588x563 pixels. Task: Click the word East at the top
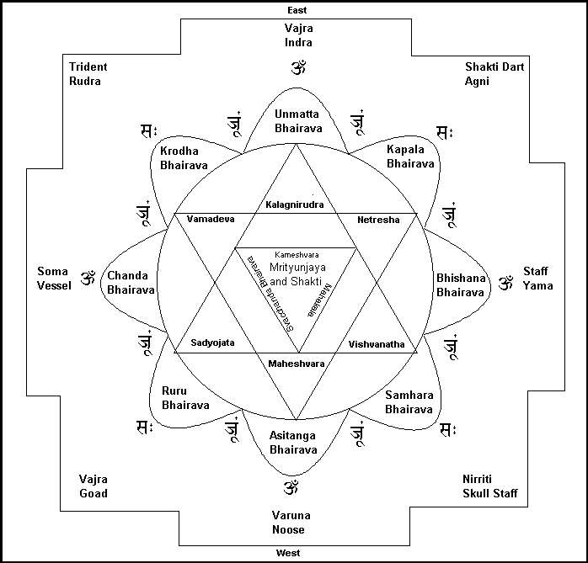click(x=296, y=10)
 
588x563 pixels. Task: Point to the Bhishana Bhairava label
click(x=460, y=284)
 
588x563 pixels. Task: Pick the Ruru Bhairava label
click(x=184, y=397)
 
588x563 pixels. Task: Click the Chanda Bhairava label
click(x=131, y=282)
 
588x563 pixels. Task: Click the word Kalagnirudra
click(x=295, y=204)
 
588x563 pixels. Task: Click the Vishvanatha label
click(x=377, y=344)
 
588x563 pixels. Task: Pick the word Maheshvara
click(x=296, y=364)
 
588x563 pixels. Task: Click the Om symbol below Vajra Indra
click(x=297, y=66)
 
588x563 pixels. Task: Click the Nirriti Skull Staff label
click(x=489, y=486)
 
